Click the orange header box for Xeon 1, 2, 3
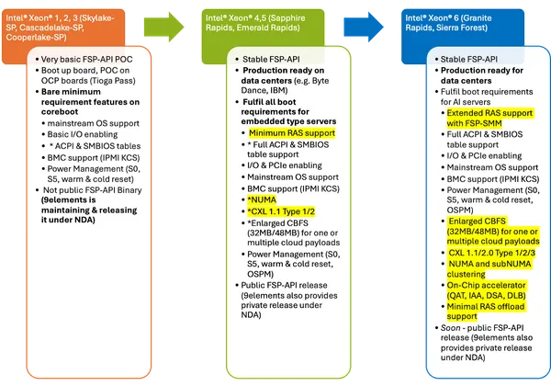click(x=74, y=34)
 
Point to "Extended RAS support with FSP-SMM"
click(x=478, y=117)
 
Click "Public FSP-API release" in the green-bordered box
click(x=275, y=284)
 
